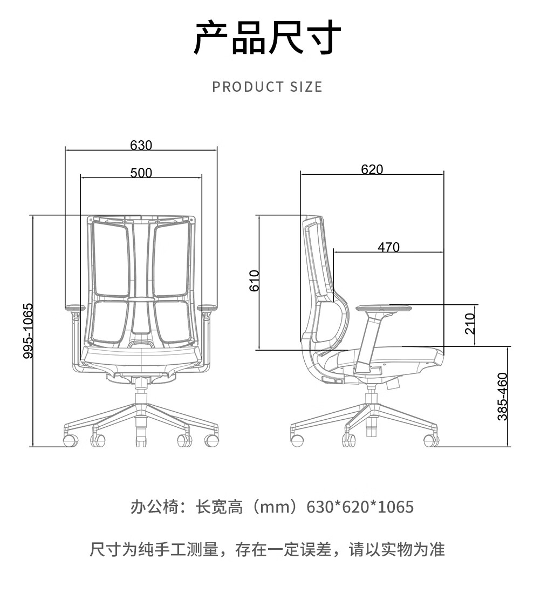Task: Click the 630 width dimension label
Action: [x=141, y=145]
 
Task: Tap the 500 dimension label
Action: [x=141, y=173]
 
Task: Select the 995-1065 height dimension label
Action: [x=28, y=331]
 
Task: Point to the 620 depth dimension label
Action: [x=372, y=169]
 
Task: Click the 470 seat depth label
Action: [x=388, y=247]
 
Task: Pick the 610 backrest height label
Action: [x=255, y=281]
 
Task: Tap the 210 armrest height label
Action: [x=470, y=323]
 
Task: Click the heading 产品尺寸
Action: [x=267, y=38]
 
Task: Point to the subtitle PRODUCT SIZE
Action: [x=267, y=87]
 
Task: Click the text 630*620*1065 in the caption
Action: [x=360, y=507]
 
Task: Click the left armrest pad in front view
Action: [x=75, y=308]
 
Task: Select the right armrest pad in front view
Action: [x=208, y=308]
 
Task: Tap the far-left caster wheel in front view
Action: [x=70, y=440]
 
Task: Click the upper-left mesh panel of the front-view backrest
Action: [x=111, y=259]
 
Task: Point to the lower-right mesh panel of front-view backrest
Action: [x=172, y=322]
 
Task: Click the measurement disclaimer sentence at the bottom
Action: [x=267, y=550]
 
